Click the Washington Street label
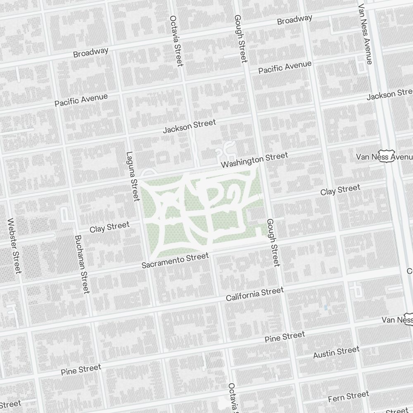click(x=254, y=160)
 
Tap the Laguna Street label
click(x=132, y=176)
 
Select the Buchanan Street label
click(x=82, y=264)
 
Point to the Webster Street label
click(x=14, y=246)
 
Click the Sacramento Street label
click(x=175, y=261)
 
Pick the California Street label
click(x=255, y=294)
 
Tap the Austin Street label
click(x=336, y=352)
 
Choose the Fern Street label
click(x=348, y=397)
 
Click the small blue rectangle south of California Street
click(x=326, y=308)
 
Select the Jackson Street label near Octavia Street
click(x=189, y=126)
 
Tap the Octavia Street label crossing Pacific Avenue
click(x=176, y=41)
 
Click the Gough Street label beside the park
click(x=273, y=242)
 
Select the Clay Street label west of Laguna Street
click(x=109, y=227)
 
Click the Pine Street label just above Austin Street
click(x=285, y=337)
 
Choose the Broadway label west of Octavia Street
click(x=91, y=52)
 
